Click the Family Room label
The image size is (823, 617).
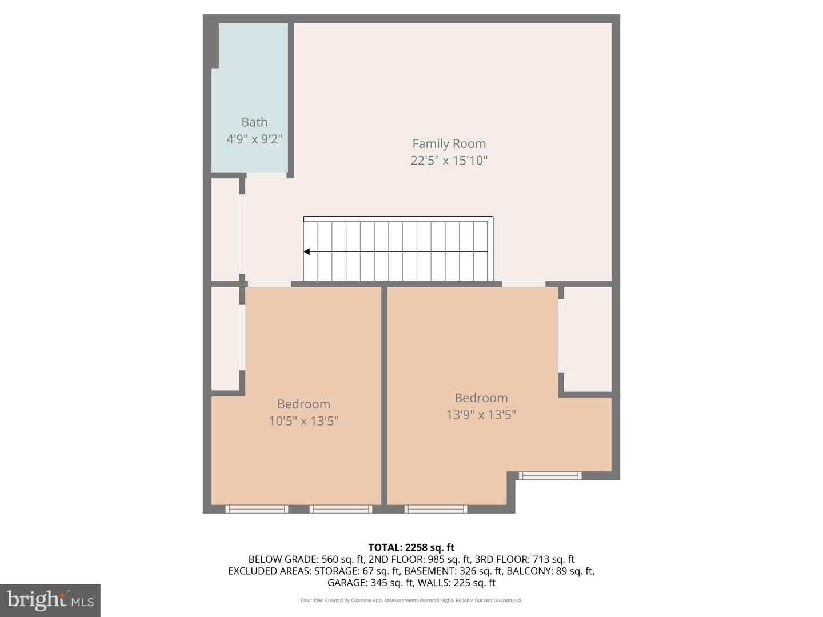click(x=449, y=144)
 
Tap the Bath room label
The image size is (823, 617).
click(x=254, y=122)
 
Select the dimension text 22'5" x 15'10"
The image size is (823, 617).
click(x=449, y=161)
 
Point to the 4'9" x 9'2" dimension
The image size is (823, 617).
click(x=254, y=139)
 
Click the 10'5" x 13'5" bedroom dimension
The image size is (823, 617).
click(x=303, y=421)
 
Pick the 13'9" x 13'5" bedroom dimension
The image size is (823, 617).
click(x=481, y=415)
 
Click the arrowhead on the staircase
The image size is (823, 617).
click(x=307, y=251)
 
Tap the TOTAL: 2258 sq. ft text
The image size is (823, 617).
click(x=411, y=547)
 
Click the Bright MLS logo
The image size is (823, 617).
click(x=50, y=600)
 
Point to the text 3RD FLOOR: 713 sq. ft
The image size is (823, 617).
click(x=524, y=559)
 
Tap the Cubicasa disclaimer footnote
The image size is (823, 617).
click(x=411, y=600)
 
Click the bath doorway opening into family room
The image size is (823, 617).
click(x=266, y=175)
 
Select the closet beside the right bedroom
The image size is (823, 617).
click(x=588, y=339)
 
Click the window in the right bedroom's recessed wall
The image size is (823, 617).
click(x=550, y=475)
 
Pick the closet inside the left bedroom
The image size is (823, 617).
click(x=225, y=339)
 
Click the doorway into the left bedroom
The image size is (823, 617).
click(x=269, y=284)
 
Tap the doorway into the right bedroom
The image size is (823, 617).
click(x=524, y=284)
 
